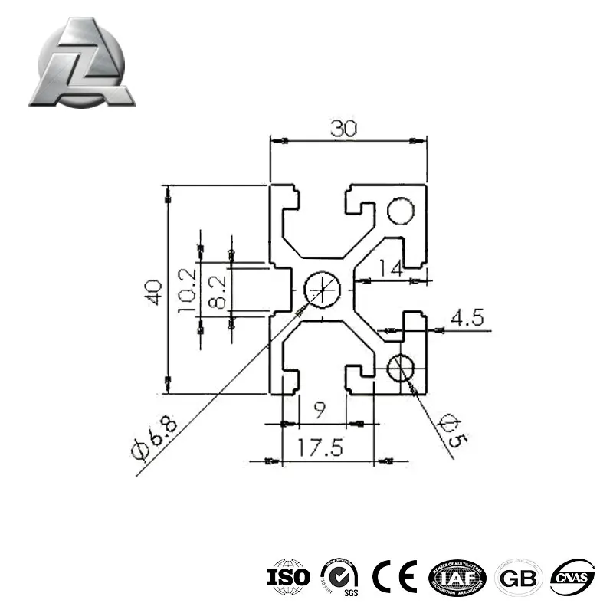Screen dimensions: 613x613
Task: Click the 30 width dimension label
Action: [x=344, y=129]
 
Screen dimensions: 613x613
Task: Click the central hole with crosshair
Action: [x=320, y=290]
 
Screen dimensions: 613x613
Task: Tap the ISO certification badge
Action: [x=289, y=575]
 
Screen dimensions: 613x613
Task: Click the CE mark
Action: [x=393, y=575]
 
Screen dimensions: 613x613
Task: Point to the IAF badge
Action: [x=457, y=575]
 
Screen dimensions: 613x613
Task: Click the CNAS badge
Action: [x=572, y=575]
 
